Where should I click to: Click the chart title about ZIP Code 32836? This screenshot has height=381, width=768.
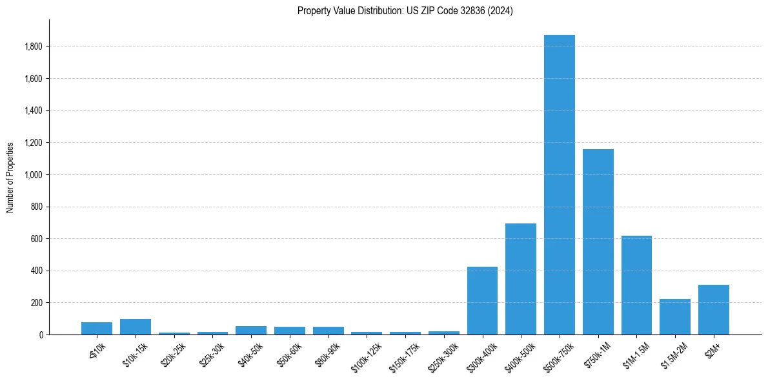(405, 10)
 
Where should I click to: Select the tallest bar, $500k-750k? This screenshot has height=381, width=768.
(559, 185)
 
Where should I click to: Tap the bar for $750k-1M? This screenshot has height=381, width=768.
(598, 242)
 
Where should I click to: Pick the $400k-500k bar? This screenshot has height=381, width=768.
(521, 279)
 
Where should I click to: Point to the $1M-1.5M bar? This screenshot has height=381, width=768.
(636, 285)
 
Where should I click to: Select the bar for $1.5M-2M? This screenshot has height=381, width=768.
(675, 317)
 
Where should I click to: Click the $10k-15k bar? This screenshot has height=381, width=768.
(136, 327)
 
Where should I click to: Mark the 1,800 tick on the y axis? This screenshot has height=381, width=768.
(34, 46)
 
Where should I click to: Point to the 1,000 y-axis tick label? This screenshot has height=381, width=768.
(34, 175)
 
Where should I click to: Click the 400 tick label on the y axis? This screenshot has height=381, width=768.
(37, 271)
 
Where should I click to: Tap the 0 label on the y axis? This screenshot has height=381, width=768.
(41, 335)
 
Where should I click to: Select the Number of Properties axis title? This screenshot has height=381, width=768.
(10, 177)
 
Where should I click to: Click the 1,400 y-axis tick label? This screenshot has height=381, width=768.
(34, 111)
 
